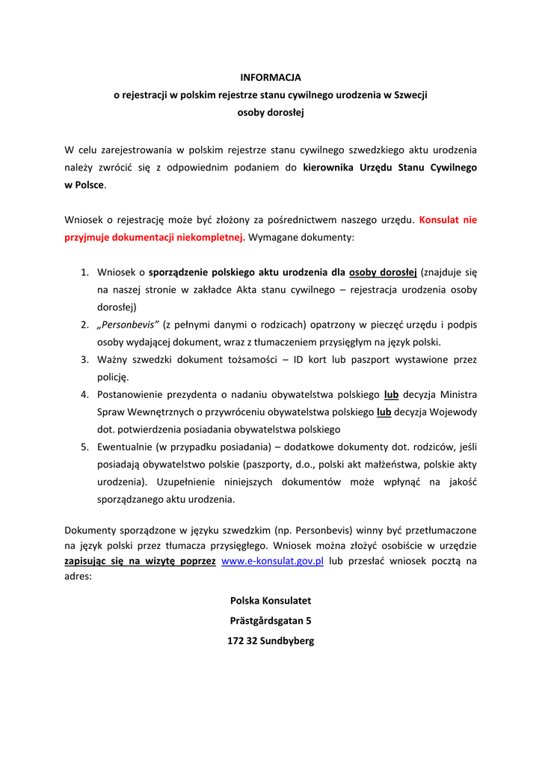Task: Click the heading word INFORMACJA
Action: click(x=270, y=77)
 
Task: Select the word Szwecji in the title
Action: click(x=410, y=95)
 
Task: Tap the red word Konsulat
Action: click(x=440, y=220)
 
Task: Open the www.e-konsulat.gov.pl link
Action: click(x=273, y=561)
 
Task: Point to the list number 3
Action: click(x=84, y=360)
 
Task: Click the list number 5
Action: click(x=84, y=447)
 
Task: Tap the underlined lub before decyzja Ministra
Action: click(x=391, y=394)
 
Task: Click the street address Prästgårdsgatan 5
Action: click(x=271, y=621)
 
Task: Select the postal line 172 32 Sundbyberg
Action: click(x=271, y=641)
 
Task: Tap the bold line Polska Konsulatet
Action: click(x=271, y=601)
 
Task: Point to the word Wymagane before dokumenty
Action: click(x=277, y=237)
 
